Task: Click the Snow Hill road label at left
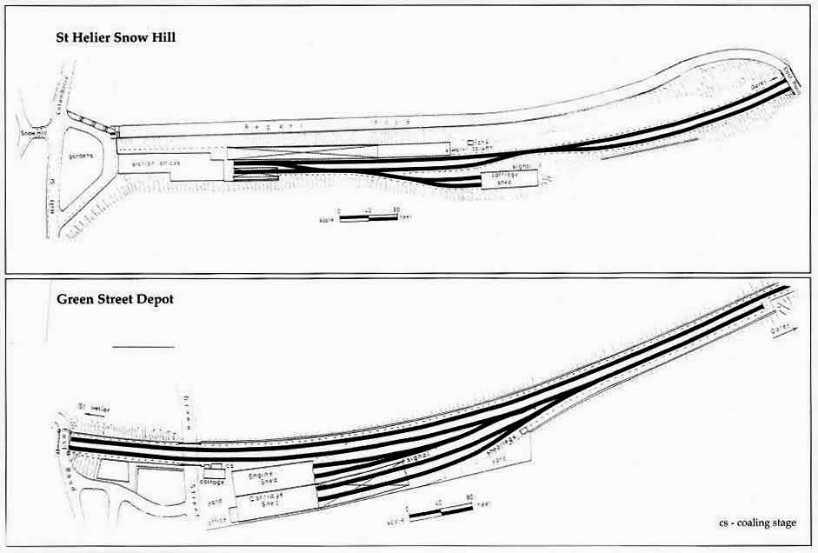tap(33, 134)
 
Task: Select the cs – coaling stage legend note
tap(756, 523)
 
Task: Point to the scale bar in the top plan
tap(368, 217)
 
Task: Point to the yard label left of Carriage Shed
tap(216, 502)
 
